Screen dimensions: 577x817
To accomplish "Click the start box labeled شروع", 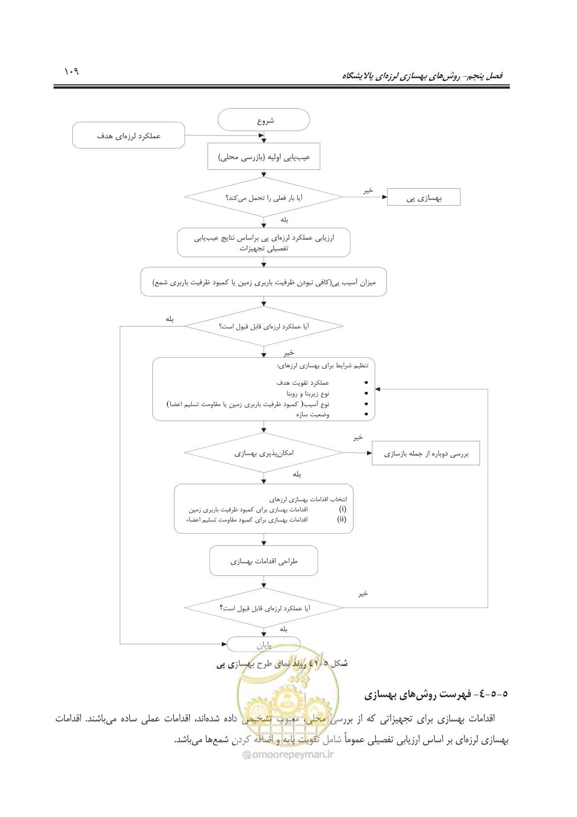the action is pyautogui.click(x=264, y=120).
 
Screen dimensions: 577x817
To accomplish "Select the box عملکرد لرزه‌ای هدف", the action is pyautogui.click(x=128, y=135).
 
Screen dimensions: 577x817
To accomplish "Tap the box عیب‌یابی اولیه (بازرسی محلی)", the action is pyautogui.click(x=264, y=156).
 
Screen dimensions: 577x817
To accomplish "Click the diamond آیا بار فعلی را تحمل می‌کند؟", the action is pyautogui.click(x=264, y=197).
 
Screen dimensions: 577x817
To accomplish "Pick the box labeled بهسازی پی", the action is pyautogui.click(x=424, y=197).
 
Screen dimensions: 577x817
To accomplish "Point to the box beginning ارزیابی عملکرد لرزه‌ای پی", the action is pyautogui.click(x=264, y=243).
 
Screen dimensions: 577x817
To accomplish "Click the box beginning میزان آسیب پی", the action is pyautogui.click(x=264, y=281).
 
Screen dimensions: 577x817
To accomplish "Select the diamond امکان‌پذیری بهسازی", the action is pyautogui.click(x=264, y=453).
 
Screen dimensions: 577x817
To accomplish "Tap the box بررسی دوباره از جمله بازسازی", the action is pyautogui.click(x=426, y=453).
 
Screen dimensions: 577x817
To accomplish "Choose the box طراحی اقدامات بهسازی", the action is pyautogui.click(x=264, y=560).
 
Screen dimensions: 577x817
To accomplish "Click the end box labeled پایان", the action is pyautogui.click(x=264, y=644).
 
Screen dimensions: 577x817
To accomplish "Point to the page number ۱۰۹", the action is pyautogui.click(x=71, y=71).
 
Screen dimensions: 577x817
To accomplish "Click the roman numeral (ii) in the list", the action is pyautogui.click(x=341, y=519).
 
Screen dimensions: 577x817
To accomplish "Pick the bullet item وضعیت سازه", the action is pyautogui.click(x=313, y=414).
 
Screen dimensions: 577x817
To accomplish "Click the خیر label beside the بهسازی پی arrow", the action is pyautogui.click(x=368, y=190).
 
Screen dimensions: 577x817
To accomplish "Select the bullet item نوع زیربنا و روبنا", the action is pyautogui.click(x=308, y=393).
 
